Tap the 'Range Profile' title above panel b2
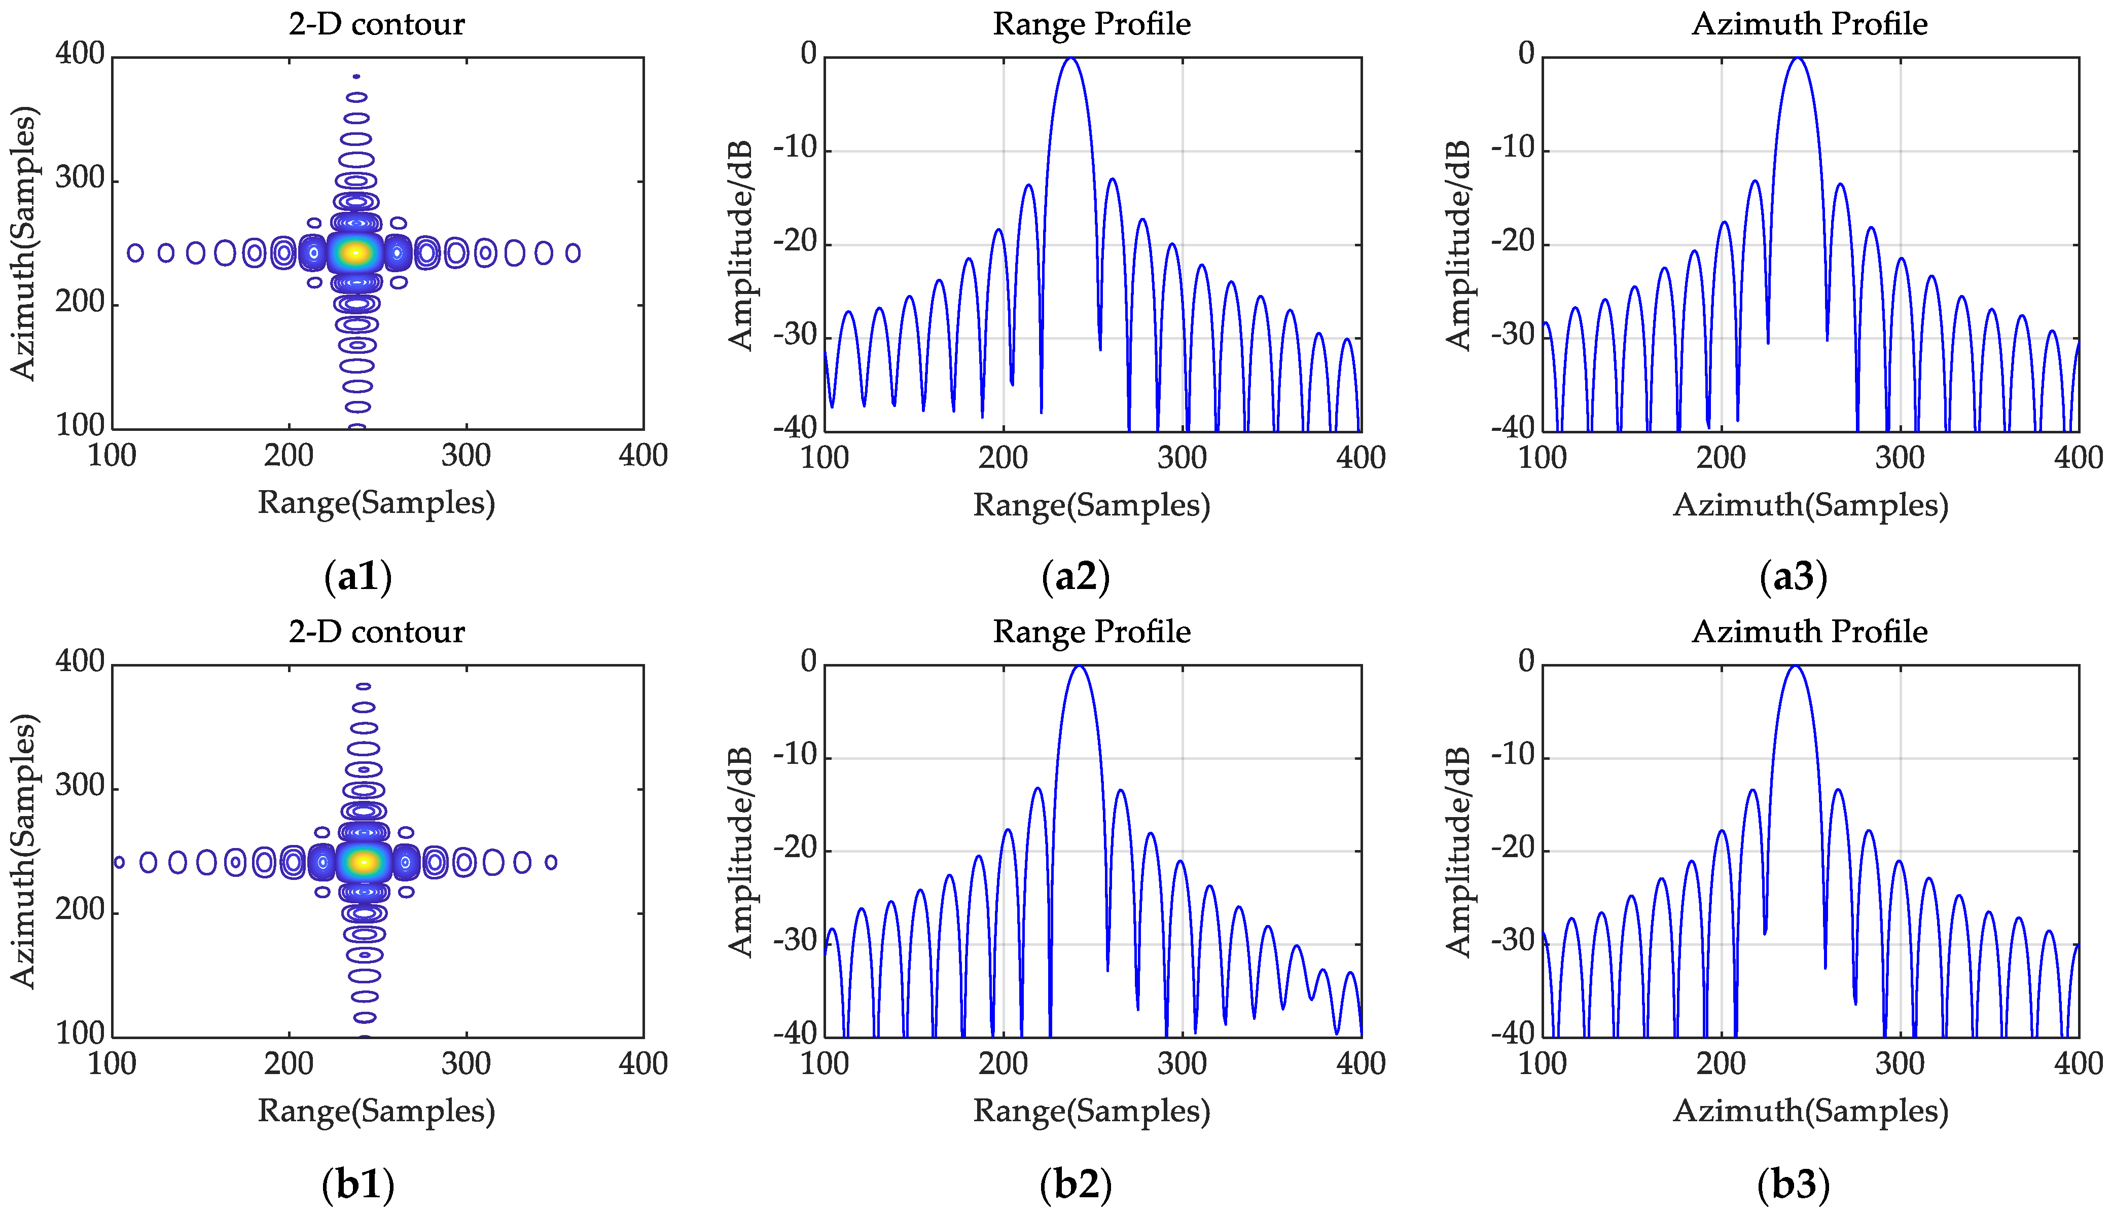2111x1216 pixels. (x=1091, y=632)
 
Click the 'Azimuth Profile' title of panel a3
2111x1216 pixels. (x=1809, y=24)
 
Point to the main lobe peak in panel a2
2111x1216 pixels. (x=1070, y=58)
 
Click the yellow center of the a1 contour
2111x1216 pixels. (x=356, y=252)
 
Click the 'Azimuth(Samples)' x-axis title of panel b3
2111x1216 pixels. (x=1809, y=1111)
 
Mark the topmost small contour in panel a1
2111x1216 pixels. (x=356, y=76)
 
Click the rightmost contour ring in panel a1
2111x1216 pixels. (x=573, y=253)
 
